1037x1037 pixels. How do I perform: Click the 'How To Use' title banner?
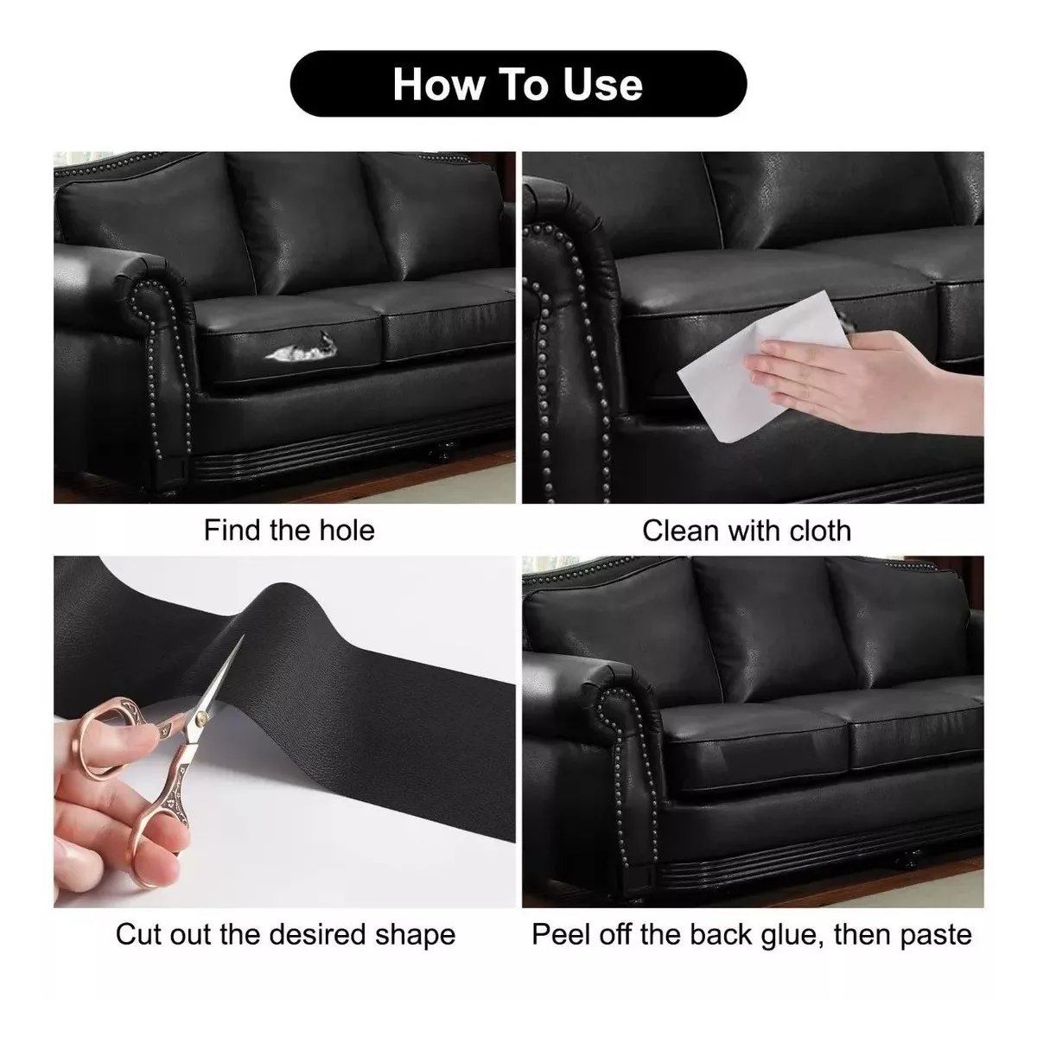[518, 84]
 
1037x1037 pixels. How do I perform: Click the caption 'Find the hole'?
[289, 530]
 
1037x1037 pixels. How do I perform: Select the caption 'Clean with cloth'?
[747, 531]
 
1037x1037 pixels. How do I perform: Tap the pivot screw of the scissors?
[202, 716]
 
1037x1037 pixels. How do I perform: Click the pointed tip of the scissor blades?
[243, 635]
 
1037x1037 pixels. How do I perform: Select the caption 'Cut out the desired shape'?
[285, 934]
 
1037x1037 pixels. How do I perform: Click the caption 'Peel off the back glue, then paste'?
[752, 934]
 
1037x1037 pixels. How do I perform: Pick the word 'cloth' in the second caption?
[820, 531]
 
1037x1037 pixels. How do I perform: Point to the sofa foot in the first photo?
[442, 451]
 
